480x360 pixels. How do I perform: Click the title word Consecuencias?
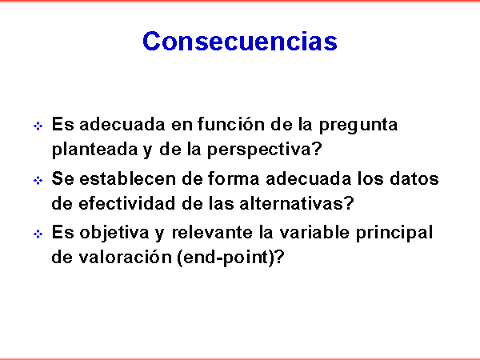pyautogui.click(x=240, y=41)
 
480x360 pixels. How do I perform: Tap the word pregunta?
pyautogui.click(x=358, y=126)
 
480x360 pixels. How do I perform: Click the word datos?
pyautogui.click(x=414, y=178)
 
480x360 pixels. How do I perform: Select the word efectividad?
pyautogui.click(x=127, y=203)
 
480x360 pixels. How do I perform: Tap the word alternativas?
pyautogui.click(x=291, y=203)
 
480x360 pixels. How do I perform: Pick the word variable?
pyautogui.click(x=314, y=232)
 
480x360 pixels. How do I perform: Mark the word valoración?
pyautogui.click(x=126, y=257)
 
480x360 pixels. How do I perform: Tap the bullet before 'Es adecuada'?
pyautogui.click(x=38, y=126)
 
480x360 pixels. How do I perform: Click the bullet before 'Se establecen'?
pyautogui.click(x=38, y=180)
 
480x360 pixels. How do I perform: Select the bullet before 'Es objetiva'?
pyautogui.click(x=38, y=234)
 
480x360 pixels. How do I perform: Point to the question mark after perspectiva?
pyautogui.click(x=317, y=149)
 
